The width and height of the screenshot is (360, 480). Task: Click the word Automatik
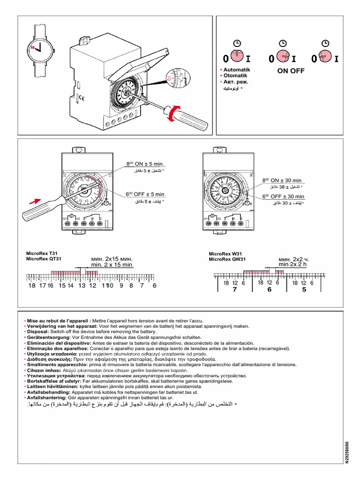coord(237,69)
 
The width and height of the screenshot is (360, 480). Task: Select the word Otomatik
coord(236,75)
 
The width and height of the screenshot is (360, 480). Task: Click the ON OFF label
coord(291,71)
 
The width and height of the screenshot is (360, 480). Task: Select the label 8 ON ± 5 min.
coord(146,164)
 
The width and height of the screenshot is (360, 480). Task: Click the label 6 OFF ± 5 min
coord(145,194)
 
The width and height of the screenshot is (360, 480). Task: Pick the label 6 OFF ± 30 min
coord(283,196)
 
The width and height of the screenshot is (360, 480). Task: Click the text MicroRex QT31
coord(44,258)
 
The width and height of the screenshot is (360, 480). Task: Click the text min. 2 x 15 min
coord(112,265)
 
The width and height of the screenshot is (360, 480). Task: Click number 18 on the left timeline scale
coord(32,285)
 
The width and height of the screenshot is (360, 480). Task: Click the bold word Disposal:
coord(37,331)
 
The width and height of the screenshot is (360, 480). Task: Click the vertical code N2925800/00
coord(347,452)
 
